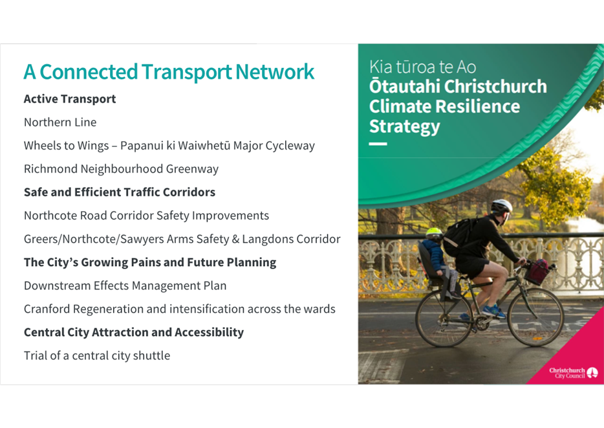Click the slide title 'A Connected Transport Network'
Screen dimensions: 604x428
169,72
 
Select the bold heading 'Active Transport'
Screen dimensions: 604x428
70,99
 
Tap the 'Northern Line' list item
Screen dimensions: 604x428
60,122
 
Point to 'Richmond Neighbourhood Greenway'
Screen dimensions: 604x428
122,169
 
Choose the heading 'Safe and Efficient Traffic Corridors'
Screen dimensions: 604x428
120,192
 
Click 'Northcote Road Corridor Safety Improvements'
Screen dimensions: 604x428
146,216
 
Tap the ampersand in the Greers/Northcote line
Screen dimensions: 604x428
235,239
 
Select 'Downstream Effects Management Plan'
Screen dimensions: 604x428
125,286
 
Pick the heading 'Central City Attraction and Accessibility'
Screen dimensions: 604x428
134,332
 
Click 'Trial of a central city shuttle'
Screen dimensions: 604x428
97,355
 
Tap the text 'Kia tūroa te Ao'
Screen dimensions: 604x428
422,67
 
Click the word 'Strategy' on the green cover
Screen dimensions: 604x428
404,127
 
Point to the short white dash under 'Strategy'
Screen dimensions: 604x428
378,144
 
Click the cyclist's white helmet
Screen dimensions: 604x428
502,205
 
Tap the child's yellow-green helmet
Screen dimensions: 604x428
434,232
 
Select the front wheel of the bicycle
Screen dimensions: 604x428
535,318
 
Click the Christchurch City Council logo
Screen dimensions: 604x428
574,373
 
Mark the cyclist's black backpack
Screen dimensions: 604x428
459,236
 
